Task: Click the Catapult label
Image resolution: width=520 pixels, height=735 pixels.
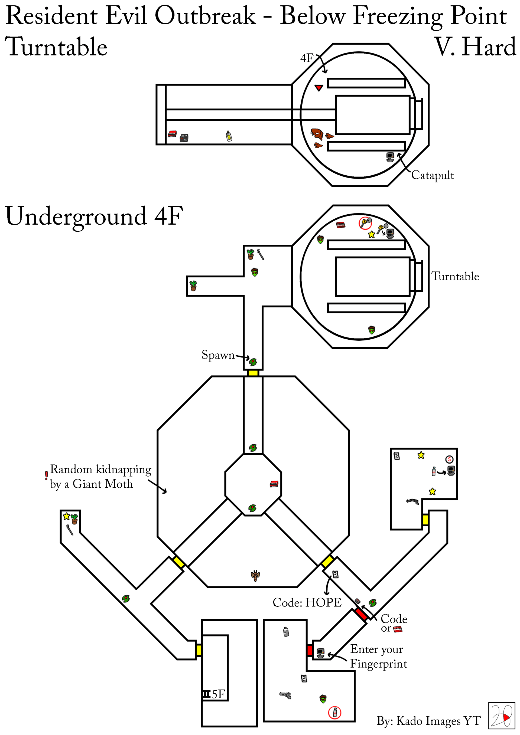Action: tap(432, 175)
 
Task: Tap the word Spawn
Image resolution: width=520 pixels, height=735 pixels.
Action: tap(218, 355)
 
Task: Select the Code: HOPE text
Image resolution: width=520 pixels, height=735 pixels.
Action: tap(307, 602)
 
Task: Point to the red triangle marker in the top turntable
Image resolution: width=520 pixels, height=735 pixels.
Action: tap(318, 87)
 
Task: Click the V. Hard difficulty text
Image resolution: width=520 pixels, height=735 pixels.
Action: tap(475, 47)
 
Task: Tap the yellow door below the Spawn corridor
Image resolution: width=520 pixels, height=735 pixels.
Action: tap(253, 373)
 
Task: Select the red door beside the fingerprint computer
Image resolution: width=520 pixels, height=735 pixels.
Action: tap(310, 650)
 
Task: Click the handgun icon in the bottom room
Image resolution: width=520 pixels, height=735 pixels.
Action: tap(285, 695)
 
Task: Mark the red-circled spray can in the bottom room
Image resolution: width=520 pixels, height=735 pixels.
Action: tap(335, 713)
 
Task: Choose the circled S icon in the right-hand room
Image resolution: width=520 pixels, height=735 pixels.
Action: tap(449, 460)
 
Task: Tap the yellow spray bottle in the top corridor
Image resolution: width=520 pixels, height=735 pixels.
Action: tap(229, 136)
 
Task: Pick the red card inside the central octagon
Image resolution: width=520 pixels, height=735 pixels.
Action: tap(274, 484)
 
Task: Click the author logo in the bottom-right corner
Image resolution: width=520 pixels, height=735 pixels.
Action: tap(501, 716)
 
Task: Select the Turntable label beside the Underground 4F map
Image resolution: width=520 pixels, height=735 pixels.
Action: tap(455, 276)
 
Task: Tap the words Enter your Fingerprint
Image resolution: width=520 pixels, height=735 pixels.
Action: tap(378, 656)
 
